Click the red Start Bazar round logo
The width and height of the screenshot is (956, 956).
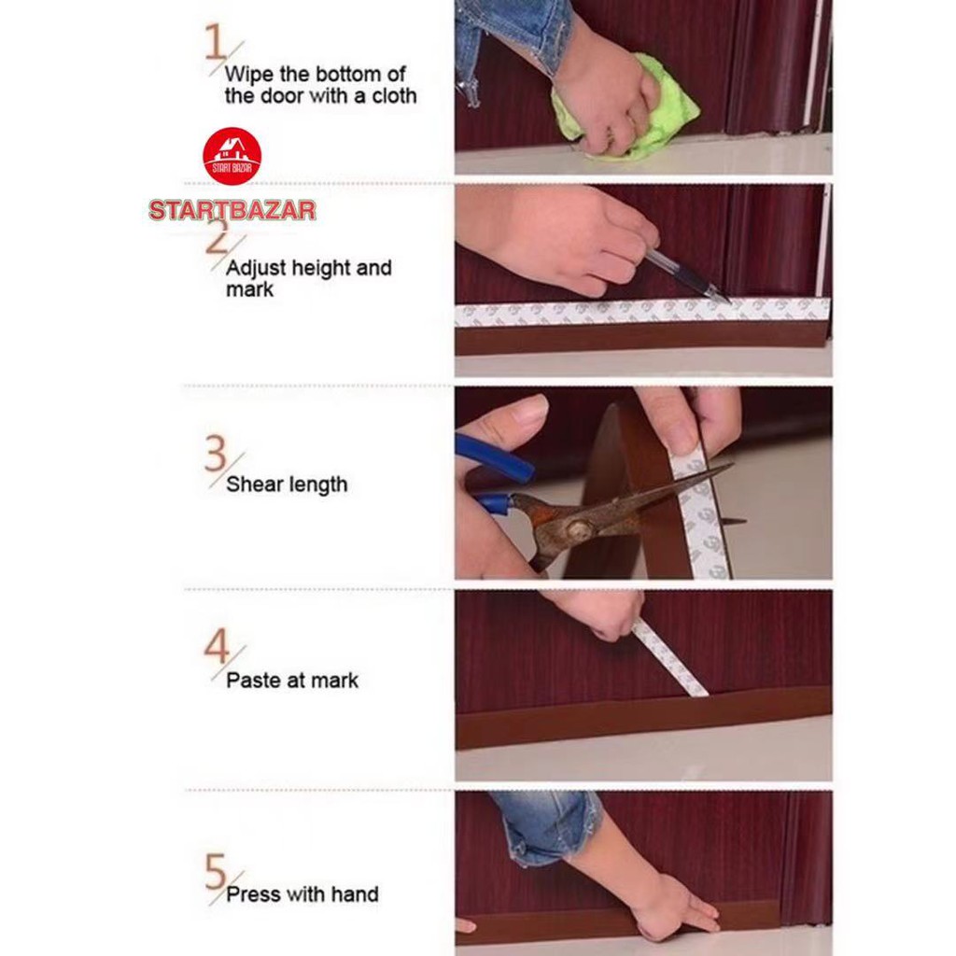[232, 156]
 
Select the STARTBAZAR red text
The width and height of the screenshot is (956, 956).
[232, 210]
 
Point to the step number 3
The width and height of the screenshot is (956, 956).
[216, 455]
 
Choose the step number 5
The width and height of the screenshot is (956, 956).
[216, 872]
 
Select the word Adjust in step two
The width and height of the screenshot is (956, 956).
[256, 269]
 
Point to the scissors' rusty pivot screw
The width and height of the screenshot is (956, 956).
[579, 528]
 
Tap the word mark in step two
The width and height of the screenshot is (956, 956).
[249, 290]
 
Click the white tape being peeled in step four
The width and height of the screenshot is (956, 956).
[669, 658]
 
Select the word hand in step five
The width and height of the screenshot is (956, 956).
[354, 894]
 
